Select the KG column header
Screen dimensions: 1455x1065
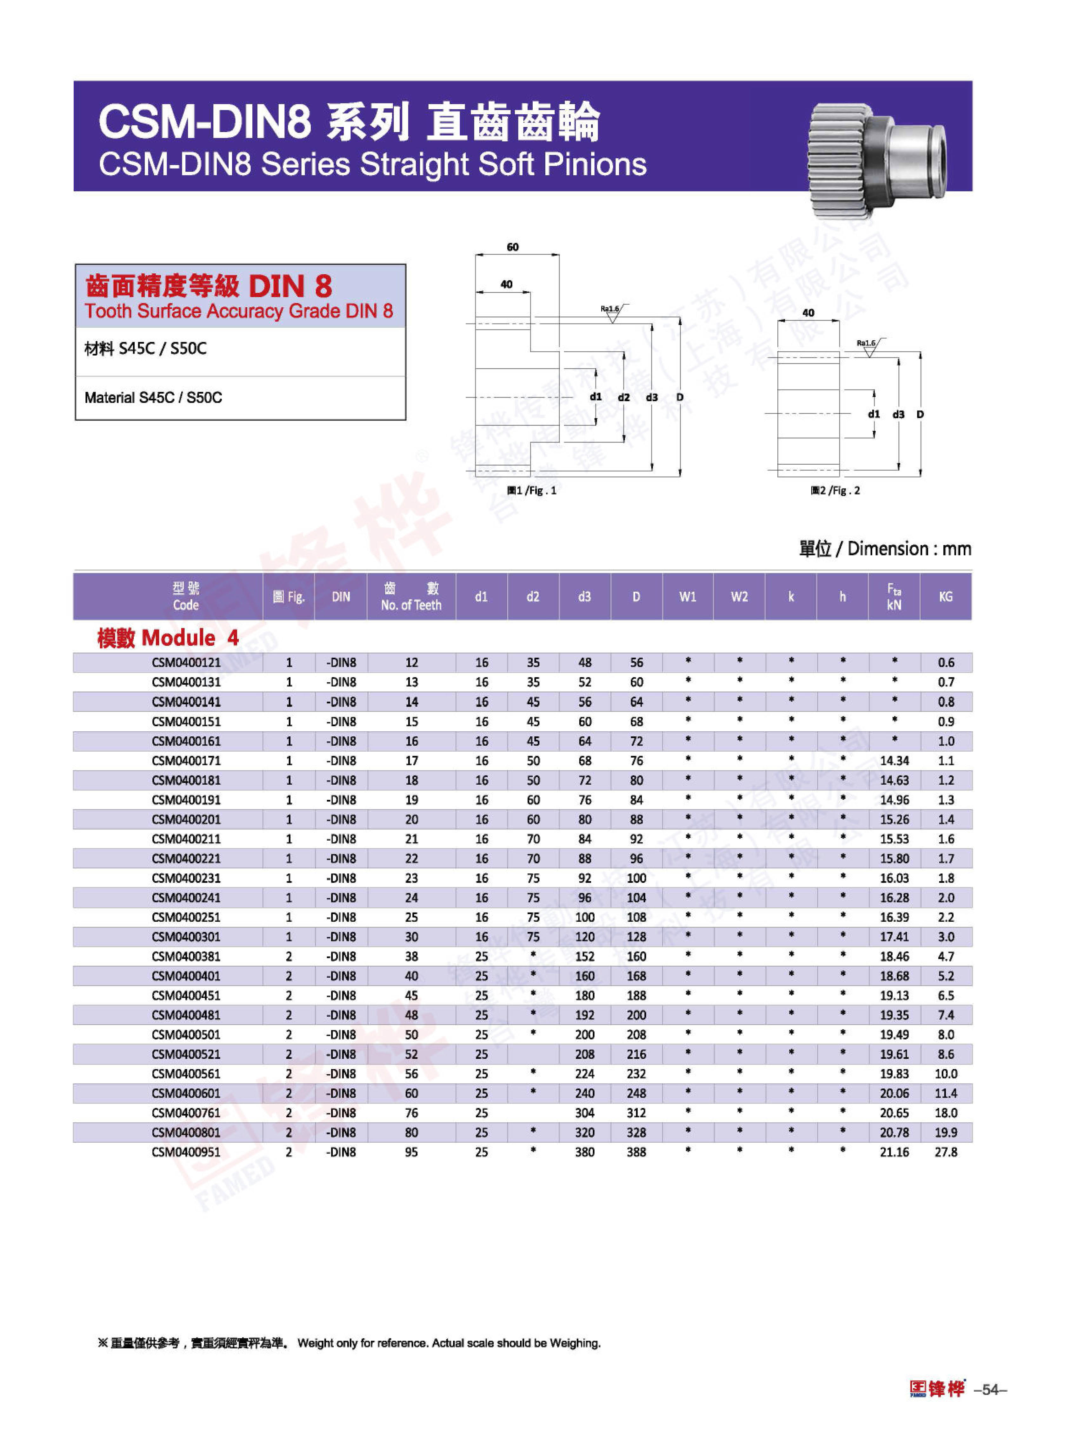tap(945, 597)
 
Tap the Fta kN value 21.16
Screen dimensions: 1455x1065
tap(894, 1152)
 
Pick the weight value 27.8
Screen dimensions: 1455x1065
tap(946, 1152)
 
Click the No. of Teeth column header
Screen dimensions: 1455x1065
tap(411, 597)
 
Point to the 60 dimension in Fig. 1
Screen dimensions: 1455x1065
tap(513, 247)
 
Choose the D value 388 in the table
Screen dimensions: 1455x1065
tap(636, 1152)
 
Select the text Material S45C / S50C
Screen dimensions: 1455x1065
tap(153, 398)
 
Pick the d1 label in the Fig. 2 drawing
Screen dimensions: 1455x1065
tap(874, 415)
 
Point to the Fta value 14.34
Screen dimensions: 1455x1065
tap(894, 761)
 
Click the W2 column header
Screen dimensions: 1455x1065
tap(739, 597)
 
